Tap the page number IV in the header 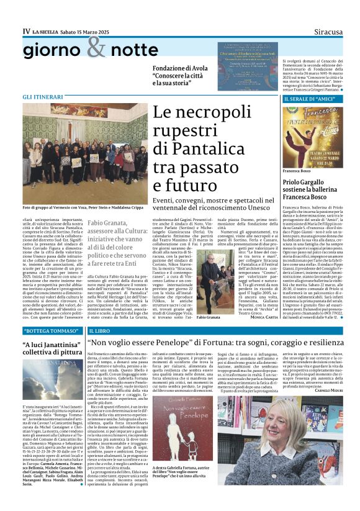pyautogui.click(x=26, y=31)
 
